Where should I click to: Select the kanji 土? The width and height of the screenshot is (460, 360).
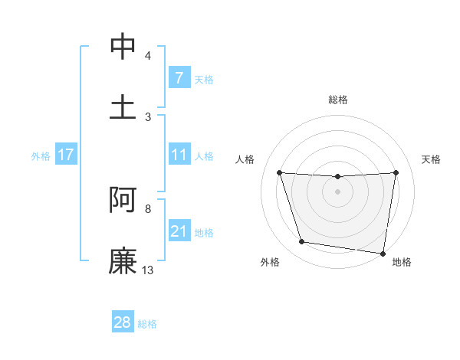click(123, 106)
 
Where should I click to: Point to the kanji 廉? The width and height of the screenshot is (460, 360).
click(123, 260)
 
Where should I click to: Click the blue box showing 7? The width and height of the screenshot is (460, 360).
click(179, 78)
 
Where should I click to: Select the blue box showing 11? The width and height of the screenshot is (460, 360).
click(179, 155)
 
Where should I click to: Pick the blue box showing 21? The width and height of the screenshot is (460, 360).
click(179, 231)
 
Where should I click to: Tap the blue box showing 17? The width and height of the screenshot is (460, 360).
click(65, 155)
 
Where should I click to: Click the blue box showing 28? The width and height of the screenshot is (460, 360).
click(123, 322)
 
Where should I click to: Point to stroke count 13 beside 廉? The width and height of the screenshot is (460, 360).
click(148, 270)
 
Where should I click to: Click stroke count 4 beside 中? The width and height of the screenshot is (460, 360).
click(147, 55)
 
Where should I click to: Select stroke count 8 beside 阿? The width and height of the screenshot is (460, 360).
click(147, 208)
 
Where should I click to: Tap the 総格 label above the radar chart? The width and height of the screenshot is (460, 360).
click(337, 100)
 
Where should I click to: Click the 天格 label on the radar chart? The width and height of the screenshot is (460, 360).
click(431, 159)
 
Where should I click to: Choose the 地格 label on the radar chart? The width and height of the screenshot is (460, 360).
click(402, 262)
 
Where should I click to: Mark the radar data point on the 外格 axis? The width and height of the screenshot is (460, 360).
click(302, 242)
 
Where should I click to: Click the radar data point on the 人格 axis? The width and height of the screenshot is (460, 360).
click(279, 172)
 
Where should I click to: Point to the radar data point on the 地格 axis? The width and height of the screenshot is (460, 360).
click(383, 253)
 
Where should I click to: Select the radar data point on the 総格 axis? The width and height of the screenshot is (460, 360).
click(337, 177)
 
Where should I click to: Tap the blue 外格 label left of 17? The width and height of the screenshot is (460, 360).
click(41, 156)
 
